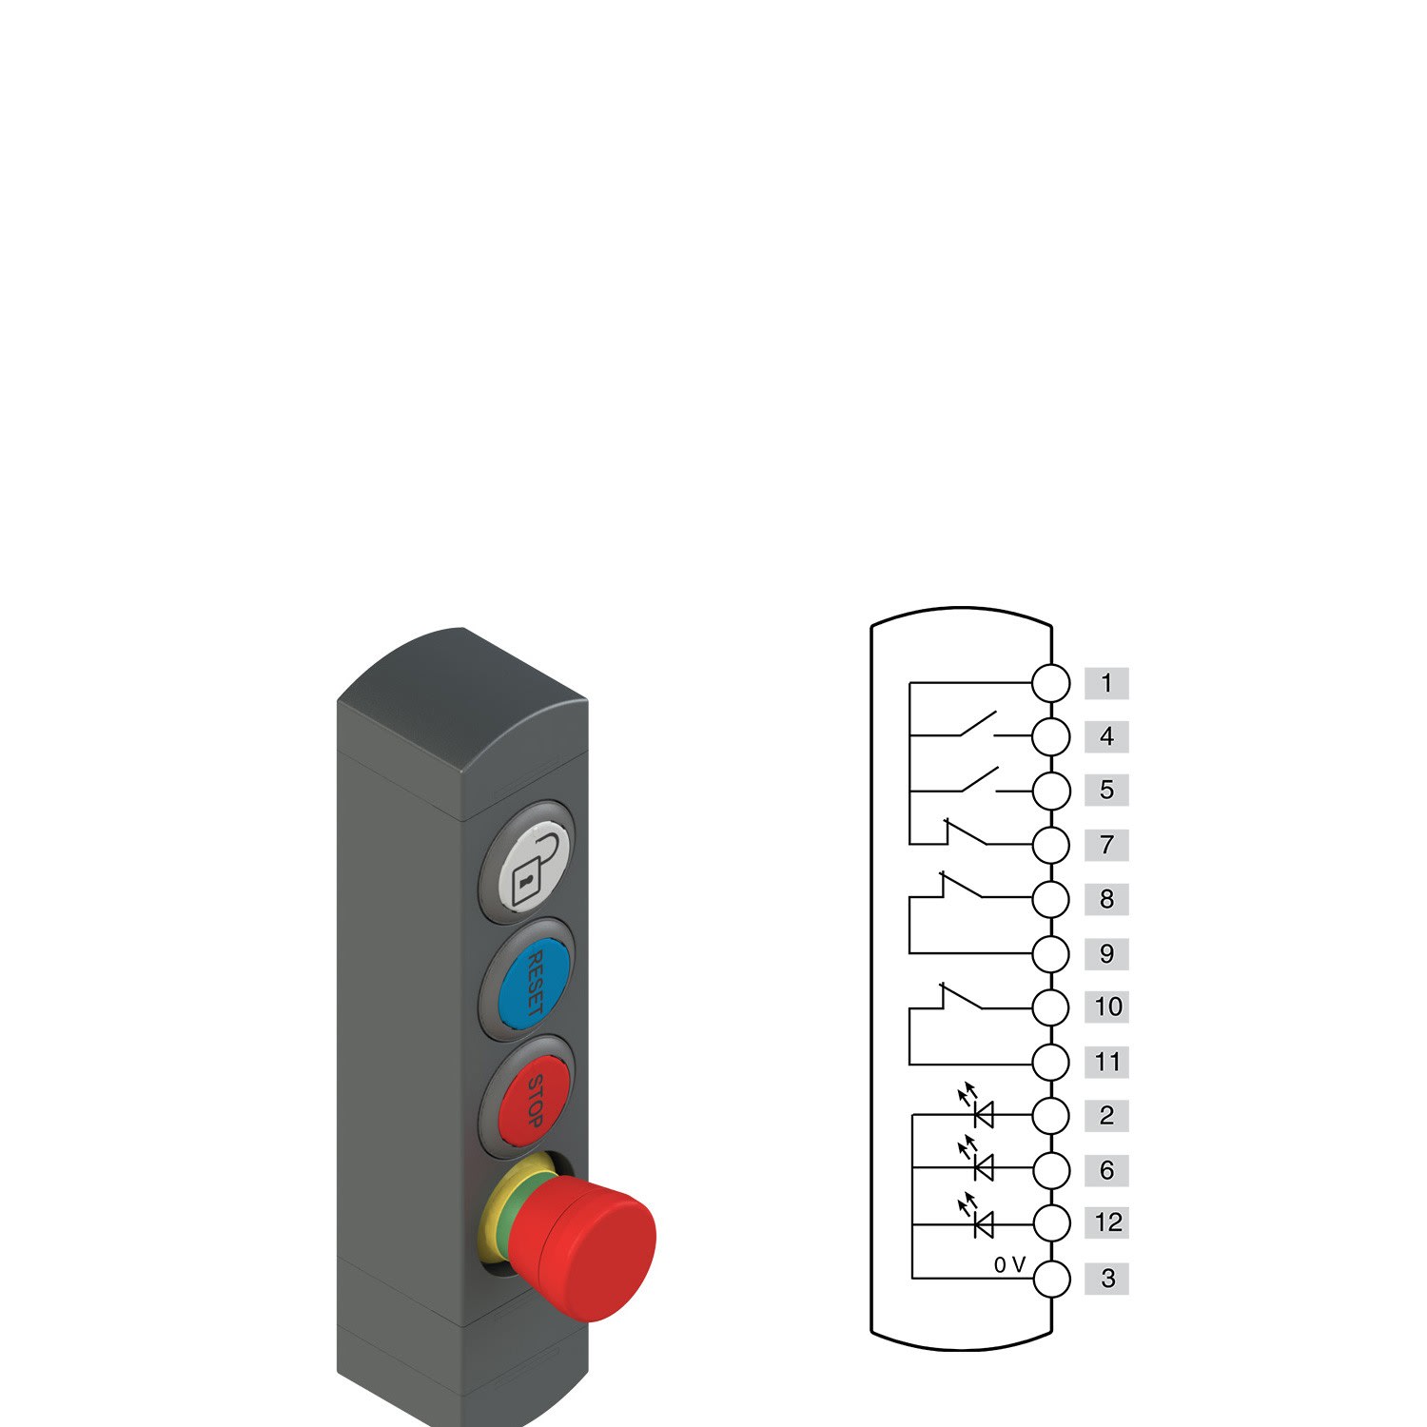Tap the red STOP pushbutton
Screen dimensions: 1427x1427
[533, 1102]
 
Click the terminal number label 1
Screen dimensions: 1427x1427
[1106, 683]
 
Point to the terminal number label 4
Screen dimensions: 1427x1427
[1106, 736]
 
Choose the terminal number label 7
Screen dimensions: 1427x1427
[1106, 845]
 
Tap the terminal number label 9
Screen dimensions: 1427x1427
[1106, 954]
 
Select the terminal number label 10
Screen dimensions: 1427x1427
[1106, 1007]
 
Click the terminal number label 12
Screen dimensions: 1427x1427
[1106, 1222]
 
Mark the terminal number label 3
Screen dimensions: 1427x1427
[1106, 1279]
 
